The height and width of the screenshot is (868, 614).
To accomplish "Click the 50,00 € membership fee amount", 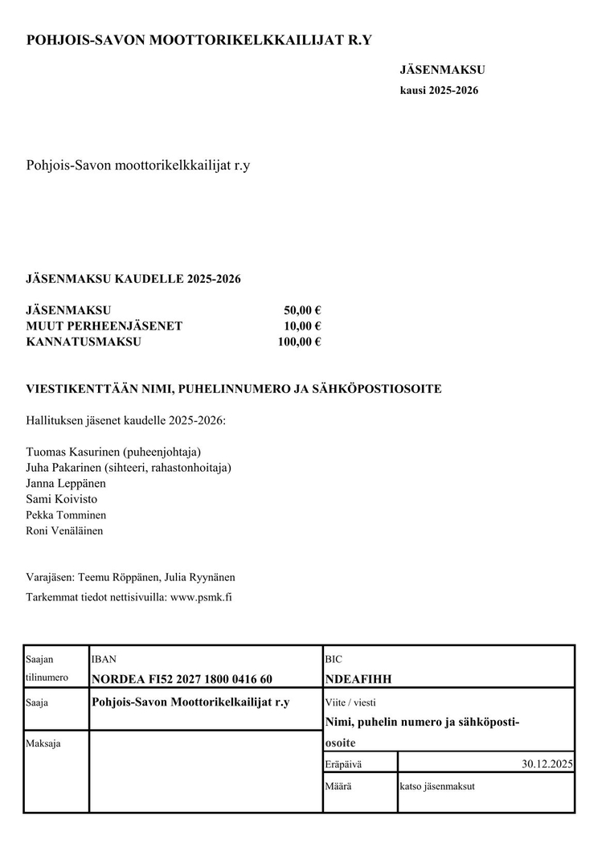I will click(302, 311).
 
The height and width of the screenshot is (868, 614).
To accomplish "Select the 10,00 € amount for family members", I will click(302, 326).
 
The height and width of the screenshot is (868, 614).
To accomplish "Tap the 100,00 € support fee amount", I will click(299, 342).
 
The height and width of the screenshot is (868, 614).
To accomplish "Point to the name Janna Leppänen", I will click(66, 484).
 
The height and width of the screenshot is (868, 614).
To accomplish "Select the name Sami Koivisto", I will click(62, 499).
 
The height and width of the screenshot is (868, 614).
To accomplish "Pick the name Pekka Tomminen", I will click(66, 515).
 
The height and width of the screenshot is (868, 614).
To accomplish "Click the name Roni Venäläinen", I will click(64, 530).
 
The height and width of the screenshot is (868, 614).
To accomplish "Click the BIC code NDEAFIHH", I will click(358, 679).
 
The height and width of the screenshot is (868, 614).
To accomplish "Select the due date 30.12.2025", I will click(546, 764).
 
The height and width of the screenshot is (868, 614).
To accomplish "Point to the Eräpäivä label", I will click(343, 764).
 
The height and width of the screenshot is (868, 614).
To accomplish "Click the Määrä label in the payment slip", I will click(338, 786).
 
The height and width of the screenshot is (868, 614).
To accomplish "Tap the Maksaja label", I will click(43, 743).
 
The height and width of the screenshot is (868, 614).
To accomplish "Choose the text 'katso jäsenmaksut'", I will click(437, 786).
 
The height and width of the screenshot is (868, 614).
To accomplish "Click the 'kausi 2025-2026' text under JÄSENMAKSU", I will click(439, 91).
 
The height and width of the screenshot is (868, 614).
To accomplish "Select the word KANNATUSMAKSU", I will click(84, 342).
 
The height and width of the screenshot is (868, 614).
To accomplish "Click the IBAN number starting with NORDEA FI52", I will click(182, 679).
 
